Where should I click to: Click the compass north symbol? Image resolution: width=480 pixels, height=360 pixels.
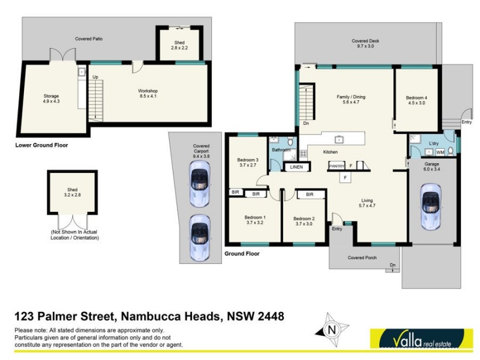click(x=331, y=329)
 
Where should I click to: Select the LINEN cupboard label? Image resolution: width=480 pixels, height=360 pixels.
click(x=296, y=167)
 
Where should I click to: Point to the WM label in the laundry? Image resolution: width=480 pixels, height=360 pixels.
click(x=448, y=152)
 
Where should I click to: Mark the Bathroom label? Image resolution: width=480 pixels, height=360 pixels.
click(x=281, y=149)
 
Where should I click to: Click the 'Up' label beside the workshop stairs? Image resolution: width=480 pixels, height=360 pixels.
click(x=95, y=77)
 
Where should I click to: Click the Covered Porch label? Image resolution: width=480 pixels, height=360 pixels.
click(x=362, y=257)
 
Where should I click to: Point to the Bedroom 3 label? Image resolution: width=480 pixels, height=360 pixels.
click(x=247, y=162)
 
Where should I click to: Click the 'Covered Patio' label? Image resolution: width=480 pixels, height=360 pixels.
click(x=89, y=38)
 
